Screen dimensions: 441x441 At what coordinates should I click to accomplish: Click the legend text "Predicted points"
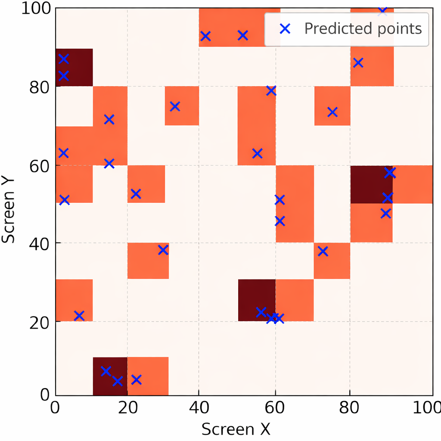363,28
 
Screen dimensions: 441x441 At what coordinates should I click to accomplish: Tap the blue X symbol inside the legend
286,29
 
